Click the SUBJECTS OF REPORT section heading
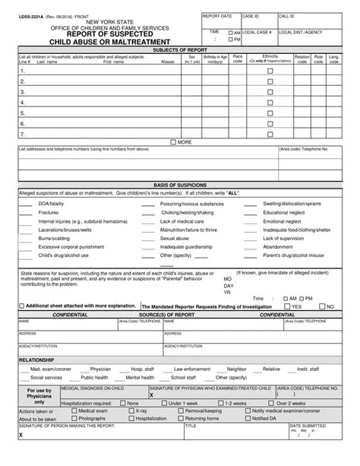point(180,49)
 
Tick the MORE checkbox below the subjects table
point(174,142)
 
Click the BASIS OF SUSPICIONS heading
point(180,185)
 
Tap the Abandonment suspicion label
point(278,246)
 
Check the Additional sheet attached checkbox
point(21,306)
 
